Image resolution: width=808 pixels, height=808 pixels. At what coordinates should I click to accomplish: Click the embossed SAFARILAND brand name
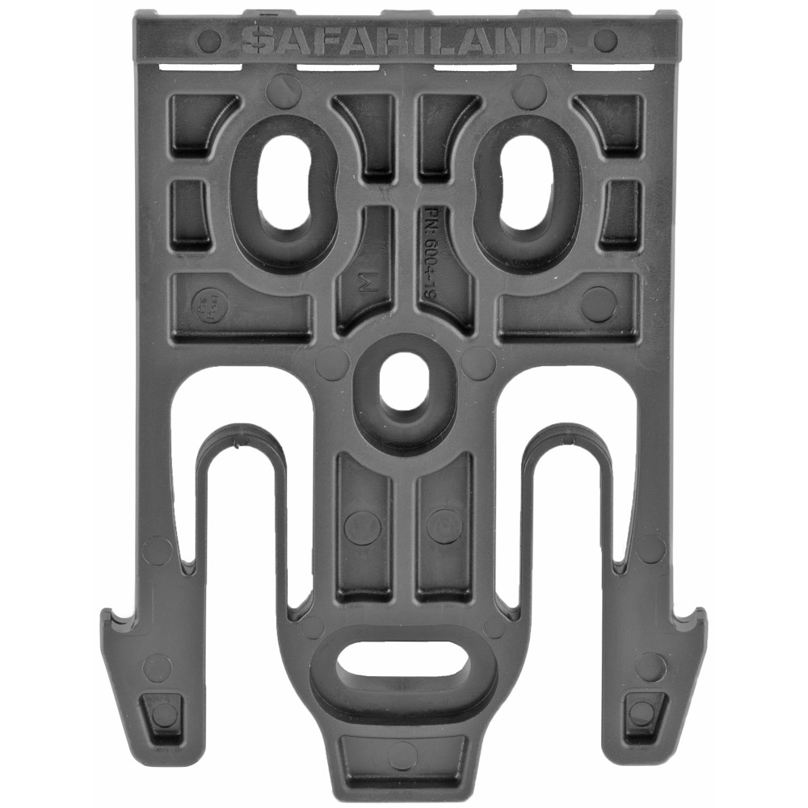click(x=404, y=39)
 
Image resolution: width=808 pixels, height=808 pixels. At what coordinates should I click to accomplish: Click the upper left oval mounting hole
click(x=284, y=181)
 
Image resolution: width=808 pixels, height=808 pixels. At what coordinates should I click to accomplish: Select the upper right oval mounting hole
click(x=526, y=181)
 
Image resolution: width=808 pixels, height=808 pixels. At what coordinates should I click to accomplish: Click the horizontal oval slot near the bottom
click(x=404, y=664)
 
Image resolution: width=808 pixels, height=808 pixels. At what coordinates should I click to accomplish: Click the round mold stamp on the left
click(x=207, y=305)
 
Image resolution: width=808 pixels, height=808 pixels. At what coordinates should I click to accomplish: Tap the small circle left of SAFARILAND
click(x=208, y=40)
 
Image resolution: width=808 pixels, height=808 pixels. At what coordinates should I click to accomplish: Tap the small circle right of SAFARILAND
click(x=604, y=40)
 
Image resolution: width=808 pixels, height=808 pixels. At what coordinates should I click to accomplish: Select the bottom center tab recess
click(x=403, y=755)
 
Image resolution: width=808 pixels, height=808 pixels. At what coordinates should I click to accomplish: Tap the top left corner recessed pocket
click(x=199, y=121)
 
